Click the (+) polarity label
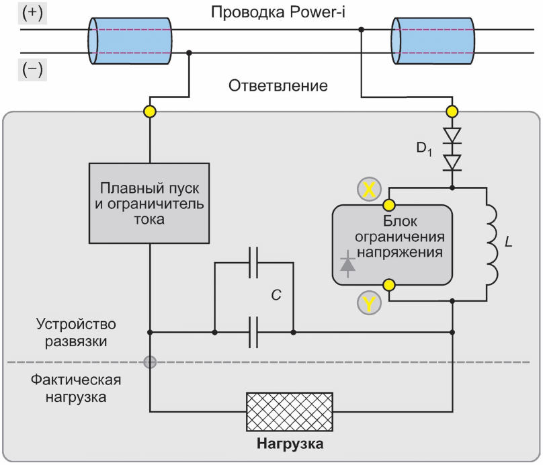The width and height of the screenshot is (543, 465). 32,14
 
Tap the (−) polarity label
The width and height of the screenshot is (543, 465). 32,71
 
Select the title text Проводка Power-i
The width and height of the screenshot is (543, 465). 278,13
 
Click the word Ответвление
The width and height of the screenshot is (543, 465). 278,85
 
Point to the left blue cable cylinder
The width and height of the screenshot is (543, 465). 130,41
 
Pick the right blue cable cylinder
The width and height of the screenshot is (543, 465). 433,41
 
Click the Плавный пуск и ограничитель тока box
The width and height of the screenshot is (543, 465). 149,203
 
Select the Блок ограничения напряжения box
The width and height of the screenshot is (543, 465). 392,245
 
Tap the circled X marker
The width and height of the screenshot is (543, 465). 369,189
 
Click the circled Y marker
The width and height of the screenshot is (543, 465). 369,303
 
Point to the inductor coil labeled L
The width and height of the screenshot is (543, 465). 492,245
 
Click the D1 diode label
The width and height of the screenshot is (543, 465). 424,149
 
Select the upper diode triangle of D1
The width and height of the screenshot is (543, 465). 452,135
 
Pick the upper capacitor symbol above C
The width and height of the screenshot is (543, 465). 253,263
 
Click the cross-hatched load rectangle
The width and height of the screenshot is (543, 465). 290,412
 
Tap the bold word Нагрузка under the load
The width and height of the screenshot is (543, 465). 290,443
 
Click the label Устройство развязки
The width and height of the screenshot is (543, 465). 76,333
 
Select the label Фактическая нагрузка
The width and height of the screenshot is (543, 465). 76,388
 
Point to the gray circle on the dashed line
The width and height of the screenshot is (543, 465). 150,362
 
